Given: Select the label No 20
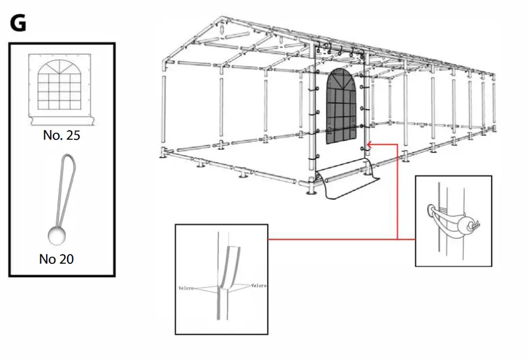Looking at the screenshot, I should pyautogui.click(x=56, y=259).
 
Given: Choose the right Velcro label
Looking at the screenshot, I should pyautogui.click(x=258, y=285).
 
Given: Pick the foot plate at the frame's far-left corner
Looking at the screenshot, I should pyautogui.click(x=164, y=155).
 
